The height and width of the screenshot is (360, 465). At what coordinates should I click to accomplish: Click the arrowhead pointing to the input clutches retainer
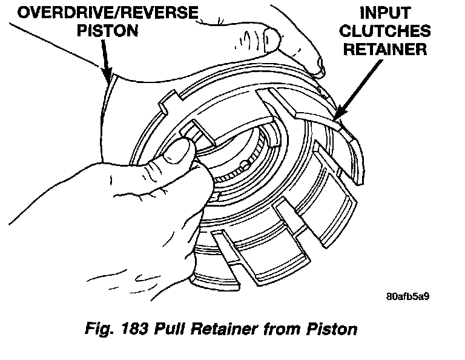337,114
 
